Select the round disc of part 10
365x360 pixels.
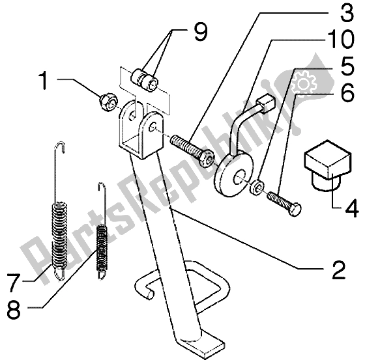click(233, 171)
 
